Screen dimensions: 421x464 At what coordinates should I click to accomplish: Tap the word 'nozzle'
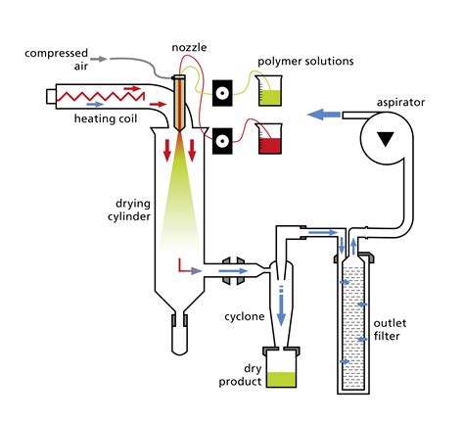[x=188, y=46]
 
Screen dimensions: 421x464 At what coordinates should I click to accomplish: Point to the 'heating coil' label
[x=107, y=120]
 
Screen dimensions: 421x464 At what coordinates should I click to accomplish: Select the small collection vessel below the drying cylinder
[x=178, y=338]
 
